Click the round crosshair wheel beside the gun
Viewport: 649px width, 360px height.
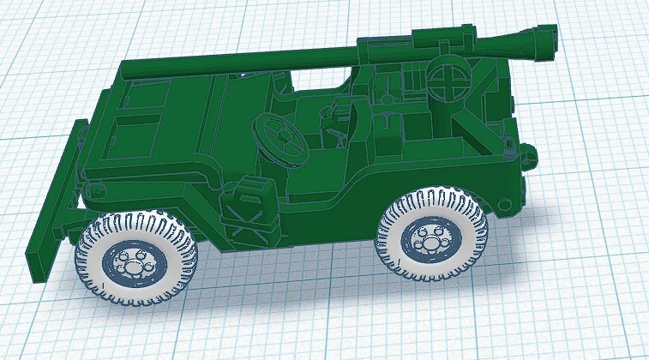448,87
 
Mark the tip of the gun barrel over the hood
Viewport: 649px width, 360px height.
125,69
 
